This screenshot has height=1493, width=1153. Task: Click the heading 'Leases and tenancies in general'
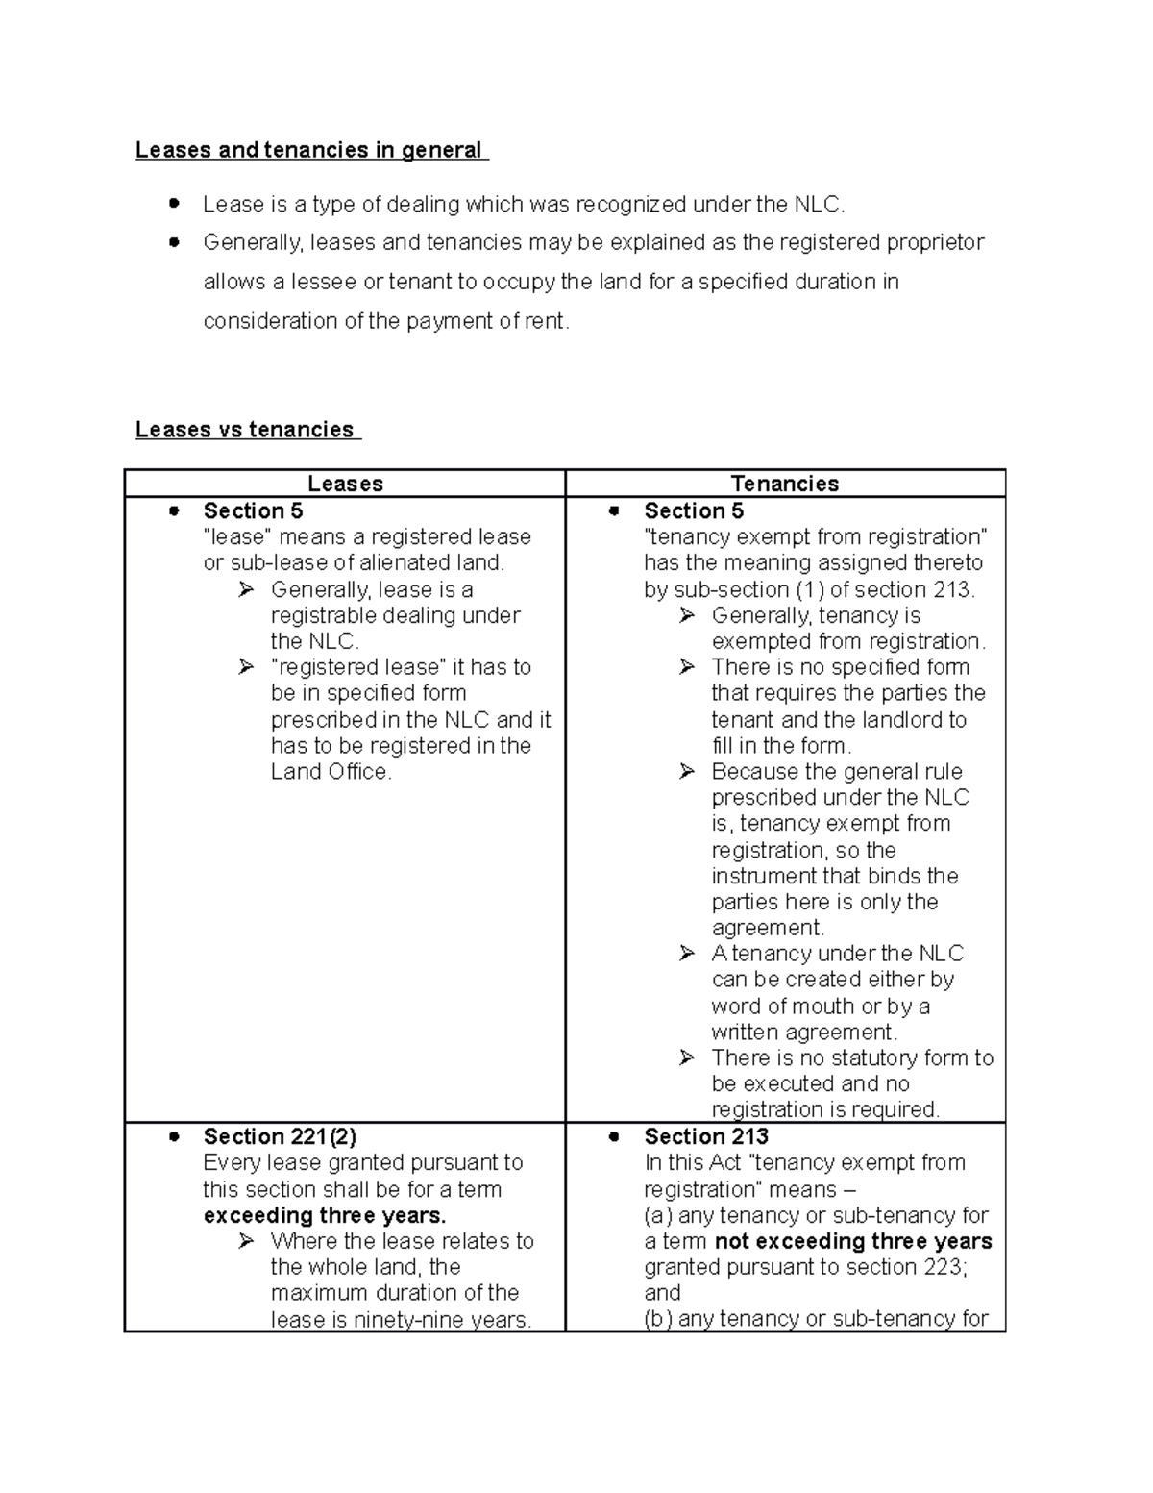pyautogui.click(x=309, y=150)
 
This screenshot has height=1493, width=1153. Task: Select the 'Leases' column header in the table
pyautogui.click(x=345, y=484)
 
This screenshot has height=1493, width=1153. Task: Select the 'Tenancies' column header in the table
pyautogui.click(x=785, y=484)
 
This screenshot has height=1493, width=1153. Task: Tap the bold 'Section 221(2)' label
pyautogui.click(x=280, y=1136)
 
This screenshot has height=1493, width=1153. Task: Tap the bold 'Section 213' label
pyautogui.click(x=706, y=1136)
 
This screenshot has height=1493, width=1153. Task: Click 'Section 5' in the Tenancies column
pyautogui.click(x=694, y=510)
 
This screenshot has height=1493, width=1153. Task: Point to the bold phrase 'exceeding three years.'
pyautogui.click(x=325, y=1215)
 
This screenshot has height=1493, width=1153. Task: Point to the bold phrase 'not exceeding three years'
pyautogui.click(x=854, y=1241)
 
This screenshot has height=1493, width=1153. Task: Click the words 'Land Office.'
pyautogui.click(x=331, y=772)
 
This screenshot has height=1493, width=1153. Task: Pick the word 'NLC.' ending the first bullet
pyautogui.click(x=820, y=205)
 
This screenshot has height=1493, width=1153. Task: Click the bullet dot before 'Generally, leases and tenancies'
pyautogui.click(x=174, y=242)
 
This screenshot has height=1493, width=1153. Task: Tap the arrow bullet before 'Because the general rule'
pyautogui.click(x=686, y=771)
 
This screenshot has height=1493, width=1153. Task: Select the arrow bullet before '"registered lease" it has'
pyautogui.click(x=246, y=666)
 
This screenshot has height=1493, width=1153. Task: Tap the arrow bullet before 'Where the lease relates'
pyautogui.click(x=246, y=1241)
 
